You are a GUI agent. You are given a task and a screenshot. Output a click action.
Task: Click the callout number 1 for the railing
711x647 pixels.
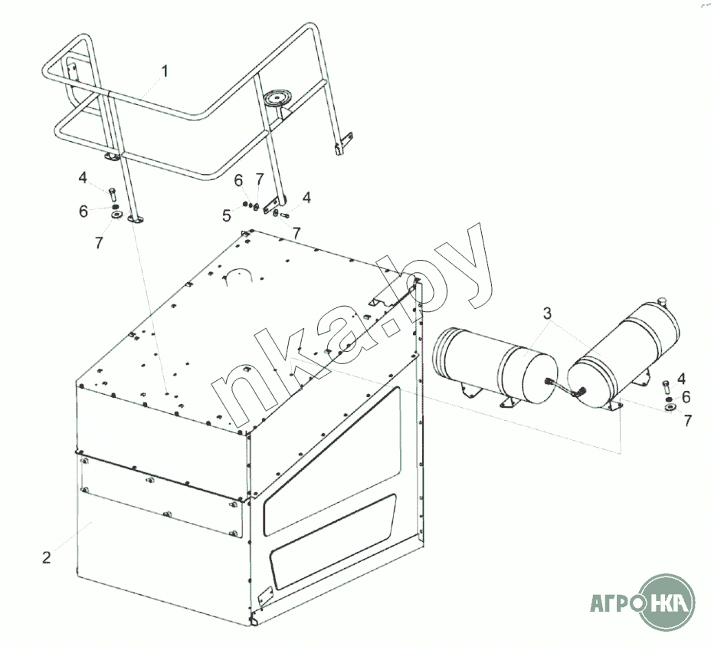coord(165,71)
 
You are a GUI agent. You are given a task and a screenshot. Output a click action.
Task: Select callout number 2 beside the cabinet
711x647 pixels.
coord(46,557)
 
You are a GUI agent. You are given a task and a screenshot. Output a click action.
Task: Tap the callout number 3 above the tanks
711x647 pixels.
coord(547,313)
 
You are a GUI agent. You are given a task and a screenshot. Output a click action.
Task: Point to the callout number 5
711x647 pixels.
coord(227,216)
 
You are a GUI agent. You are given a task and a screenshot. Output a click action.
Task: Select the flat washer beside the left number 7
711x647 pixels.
coord(116,215)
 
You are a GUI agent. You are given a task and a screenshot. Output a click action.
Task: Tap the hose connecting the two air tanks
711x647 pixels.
coord(565,387)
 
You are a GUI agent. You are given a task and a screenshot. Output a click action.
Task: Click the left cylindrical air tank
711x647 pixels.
coord(495,365)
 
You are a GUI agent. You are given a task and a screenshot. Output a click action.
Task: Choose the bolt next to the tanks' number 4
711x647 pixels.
coord(666,387)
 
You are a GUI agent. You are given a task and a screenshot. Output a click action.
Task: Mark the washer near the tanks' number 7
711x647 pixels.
coord(670,407)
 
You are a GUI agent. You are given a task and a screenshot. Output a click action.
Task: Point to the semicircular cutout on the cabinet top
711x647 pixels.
coord(238,275)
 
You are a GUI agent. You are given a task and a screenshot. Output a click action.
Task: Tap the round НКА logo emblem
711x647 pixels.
coord(667,602)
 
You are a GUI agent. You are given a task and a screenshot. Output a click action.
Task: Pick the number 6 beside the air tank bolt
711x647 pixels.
coord(686,397)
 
